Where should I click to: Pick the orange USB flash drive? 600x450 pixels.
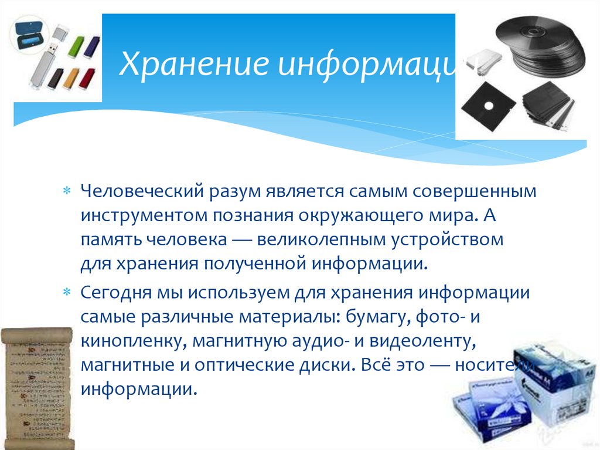click(x=71, y=78)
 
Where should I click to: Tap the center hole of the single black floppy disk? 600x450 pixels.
click(x=487, y=108)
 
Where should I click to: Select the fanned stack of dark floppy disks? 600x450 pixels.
click(x=548, y=106)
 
